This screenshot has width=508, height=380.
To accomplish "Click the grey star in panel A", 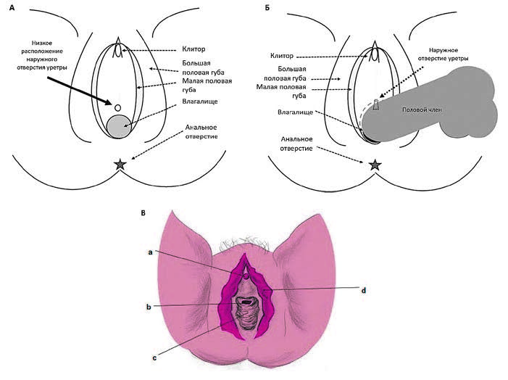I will tap(120, 165).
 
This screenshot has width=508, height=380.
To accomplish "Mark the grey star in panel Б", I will tap(375, 165).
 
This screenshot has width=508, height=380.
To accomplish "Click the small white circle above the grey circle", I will tap(117, 107).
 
